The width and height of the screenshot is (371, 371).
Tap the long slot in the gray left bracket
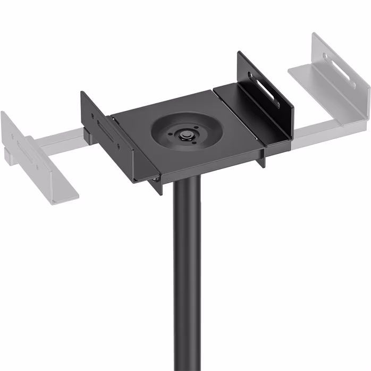coord(24,147)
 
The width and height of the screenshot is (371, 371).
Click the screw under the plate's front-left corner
coord(154,181)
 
